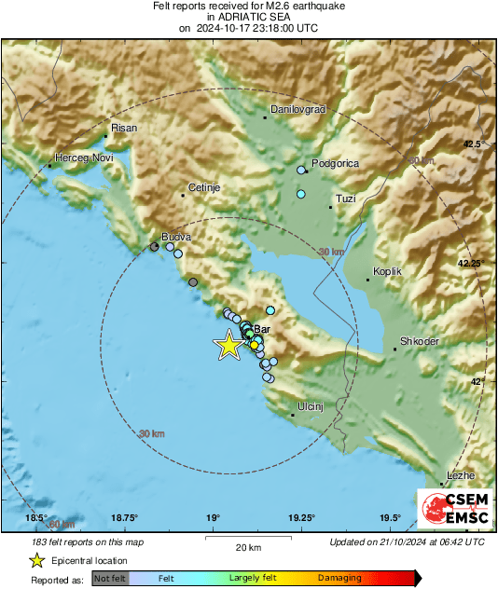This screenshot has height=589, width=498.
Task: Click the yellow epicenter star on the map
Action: click(x=228, y=346)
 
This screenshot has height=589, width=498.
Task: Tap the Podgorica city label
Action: click(x=335, y=163)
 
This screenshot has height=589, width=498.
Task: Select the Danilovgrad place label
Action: click(x=297, y=110)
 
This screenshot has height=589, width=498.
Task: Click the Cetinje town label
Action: click(x=203, y=187)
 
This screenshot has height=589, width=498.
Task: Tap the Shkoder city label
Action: click(x=419, y=341)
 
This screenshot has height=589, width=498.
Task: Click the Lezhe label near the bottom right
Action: click(x=462, y=474)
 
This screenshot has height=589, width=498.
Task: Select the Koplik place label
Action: click(x=386, y=270)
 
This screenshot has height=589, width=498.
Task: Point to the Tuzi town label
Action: click(x=345, y=199)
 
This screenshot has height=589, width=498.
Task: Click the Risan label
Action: click(x=123, y=127)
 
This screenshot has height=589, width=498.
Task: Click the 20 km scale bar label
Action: click(x=248, y=546)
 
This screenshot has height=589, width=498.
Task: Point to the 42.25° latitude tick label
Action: click(x=471, y=264)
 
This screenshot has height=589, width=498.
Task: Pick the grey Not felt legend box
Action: click(x=108, y=579)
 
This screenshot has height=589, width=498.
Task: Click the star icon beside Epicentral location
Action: click(x=36, y=560)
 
